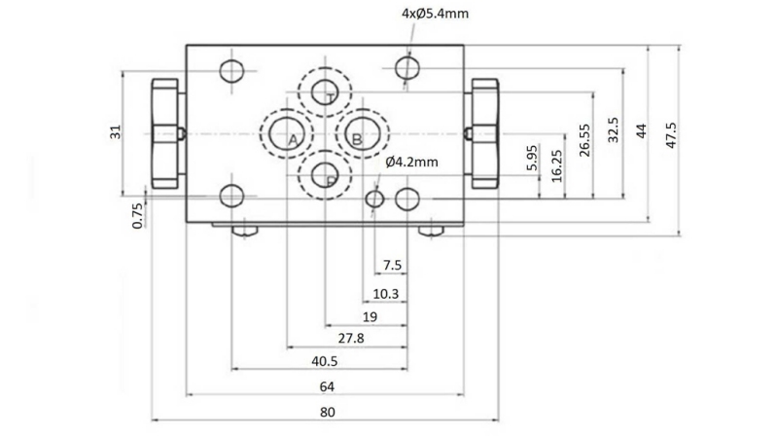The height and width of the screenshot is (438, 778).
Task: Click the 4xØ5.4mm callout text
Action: [436, 15]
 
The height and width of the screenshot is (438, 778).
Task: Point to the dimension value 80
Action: [328, 412]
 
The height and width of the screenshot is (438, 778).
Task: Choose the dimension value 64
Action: [328, 386]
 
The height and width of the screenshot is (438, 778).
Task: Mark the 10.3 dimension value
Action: [386, 293]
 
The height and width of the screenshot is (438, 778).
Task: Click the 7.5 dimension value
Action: [392, 265]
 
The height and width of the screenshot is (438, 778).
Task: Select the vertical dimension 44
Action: [641, 131]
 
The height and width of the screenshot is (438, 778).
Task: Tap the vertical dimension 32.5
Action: [613, 131]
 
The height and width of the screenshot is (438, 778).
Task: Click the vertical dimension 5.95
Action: [531, 159]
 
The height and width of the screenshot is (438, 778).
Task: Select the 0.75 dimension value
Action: [138, 213]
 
